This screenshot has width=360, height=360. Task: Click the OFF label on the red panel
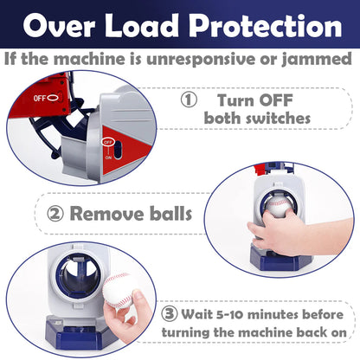click(x=42, y=98)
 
